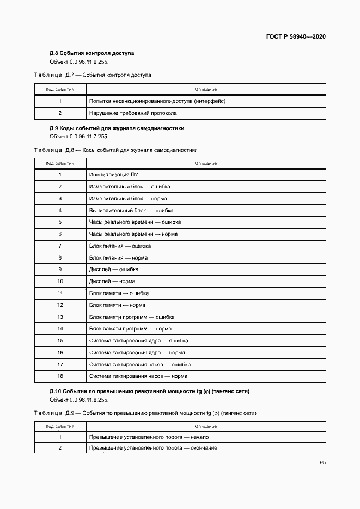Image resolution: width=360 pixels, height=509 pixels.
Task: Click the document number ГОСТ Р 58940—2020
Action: click(x=296, y=37)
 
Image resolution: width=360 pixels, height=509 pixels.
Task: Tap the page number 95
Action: click(x=322, y=463)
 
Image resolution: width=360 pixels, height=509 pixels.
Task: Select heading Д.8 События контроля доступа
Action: click(x=91, y=53)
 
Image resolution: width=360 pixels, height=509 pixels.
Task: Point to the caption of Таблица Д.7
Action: click(x=93, y=75)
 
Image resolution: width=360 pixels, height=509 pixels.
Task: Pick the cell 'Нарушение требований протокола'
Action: click(x=133, y=113)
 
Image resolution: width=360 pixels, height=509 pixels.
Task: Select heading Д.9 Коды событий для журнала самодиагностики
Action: click(x=117, y=128)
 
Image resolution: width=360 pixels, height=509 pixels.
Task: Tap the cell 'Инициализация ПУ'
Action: click(x=113, y=175)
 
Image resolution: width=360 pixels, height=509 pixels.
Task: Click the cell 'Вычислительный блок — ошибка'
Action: click(x=131, y=210)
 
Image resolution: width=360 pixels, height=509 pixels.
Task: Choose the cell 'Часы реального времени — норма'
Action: click(x=133, y=234)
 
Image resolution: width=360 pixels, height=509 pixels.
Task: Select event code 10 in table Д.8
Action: click(x=60, y=281)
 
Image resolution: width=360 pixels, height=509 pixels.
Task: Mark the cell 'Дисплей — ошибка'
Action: click(x=114, y=269)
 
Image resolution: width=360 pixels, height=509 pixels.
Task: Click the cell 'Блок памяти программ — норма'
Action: click(x=130, y=329)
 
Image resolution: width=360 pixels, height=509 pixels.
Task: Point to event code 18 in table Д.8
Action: click(x=60, y=376)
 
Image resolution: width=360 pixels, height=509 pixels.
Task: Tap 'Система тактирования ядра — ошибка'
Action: click(x=138, y=341)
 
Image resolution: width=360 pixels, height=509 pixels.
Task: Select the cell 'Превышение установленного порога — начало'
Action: click(x=149, y=437)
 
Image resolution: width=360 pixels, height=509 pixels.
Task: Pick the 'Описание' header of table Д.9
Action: click(x=205, y=426)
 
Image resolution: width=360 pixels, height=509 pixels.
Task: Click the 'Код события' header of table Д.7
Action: click(x=60, y=89)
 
